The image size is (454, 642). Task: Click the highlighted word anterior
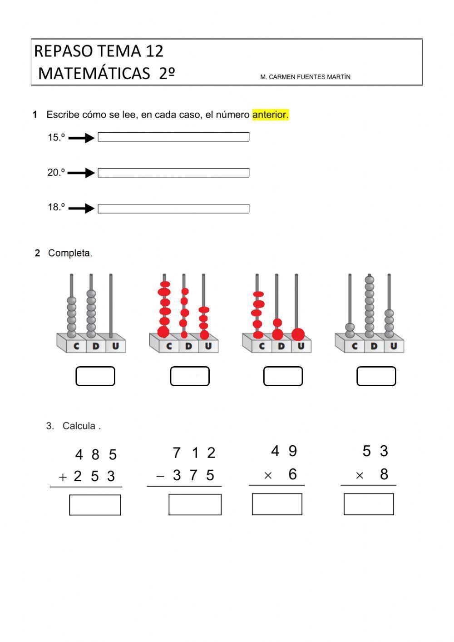click(270, 115)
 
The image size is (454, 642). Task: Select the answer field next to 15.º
click(173, 137)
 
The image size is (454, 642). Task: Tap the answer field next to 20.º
click(173, 173)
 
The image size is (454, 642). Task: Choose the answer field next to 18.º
click(173, 209)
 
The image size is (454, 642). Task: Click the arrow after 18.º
click(81, 208)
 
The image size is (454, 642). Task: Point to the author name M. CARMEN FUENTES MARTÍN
click(305, 77)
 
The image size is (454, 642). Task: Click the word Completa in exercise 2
click(69, 253)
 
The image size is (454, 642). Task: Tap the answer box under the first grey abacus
click(95, 376)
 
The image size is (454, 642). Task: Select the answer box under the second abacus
click(190, 376)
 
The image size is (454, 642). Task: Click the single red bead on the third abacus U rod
click(298, 334)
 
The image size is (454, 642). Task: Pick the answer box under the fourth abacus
click(376, 376)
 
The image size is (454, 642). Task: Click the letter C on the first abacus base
click(76, 346)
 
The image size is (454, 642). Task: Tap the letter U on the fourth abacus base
click(393, 346)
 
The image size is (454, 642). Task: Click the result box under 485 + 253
click(95, 505)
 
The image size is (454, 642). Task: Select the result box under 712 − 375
click(195, 504)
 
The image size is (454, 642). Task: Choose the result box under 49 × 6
click(277, 504)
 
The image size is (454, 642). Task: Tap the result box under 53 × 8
click(369, 504)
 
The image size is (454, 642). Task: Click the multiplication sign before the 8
click(360, 476)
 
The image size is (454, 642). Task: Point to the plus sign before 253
click(63, 477)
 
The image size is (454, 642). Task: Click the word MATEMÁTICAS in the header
click(94, 73)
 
